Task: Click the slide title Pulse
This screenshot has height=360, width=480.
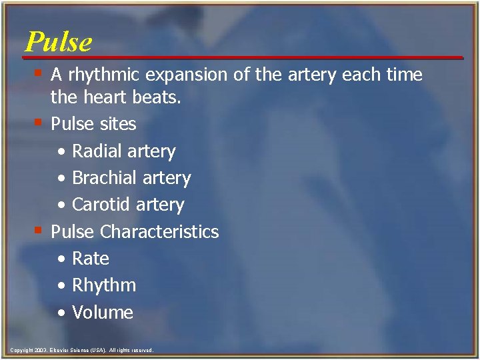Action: pos(59,41)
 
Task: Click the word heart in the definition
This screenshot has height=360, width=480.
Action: pos(105,98)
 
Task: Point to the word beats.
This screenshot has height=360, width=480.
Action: pos(158,98)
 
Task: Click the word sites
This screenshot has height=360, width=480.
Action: pos(117,124)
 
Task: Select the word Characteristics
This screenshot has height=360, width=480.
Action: pos(159,232)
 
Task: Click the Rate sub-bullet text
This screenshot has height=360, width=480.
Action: pos(90,259)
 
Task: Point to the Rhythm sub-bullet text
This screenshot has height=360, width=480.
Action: pos(103,285)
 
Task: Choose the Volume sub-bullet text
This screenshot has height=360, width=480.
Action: pos(102,312)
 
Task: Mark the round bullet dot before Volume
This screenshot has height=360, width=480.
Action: pos(61,313)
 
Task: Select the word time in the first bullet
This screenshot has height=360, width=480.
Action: pos(404,75)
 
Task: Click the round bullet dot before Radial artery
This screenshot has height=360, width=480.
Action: pos(61,152)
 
